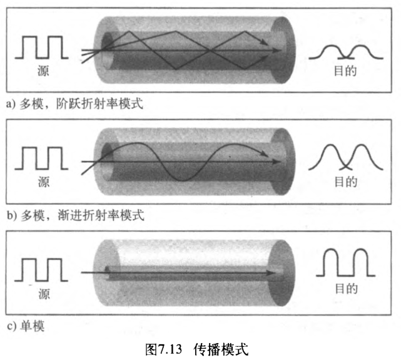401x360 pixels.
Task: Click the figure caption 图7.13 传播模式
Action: pos(200,347)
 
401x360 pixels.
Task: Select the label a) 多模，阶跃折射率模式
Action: pos(74,103)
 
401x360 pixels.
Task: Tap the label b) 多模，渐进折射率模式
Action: pos(74,217)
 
